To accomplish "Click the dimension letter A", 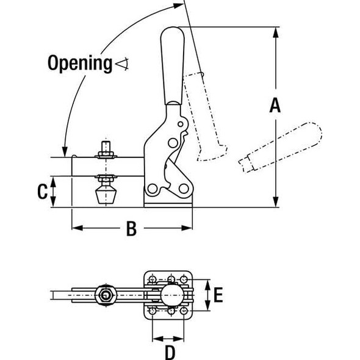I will pyautogui.click(x=275, y=106).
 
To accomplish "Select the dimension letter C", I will pyautogui.click(x=41, y=192).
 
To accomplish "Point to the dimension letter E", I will pyautogui.click(x=218, y=296).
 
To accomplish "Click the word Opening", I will pyautogui.click(x=79, y=62).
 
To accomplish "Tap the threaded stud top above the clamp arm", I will pyautogui.click(x=104, y=146).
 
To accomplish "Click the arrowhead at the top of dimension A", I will pyautogui.click(x=276, y=31).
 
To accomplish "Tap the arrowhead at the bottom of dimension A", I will pyautogui.click(x=276, y=203).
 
